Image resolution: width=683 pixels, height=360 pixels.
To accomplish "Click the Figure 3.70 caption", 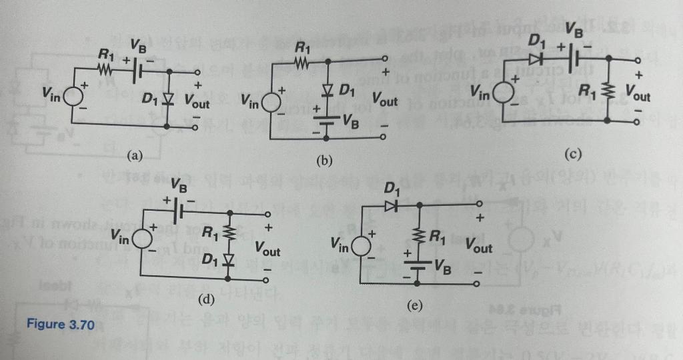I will click(x=61, y=325).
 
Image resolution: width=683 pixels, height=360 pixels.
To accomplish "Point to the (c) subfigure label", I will click(x=573, y=155).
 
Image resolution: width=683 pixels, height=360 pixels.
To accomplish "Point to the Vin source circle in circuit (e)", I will click(x=362, y=245).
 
